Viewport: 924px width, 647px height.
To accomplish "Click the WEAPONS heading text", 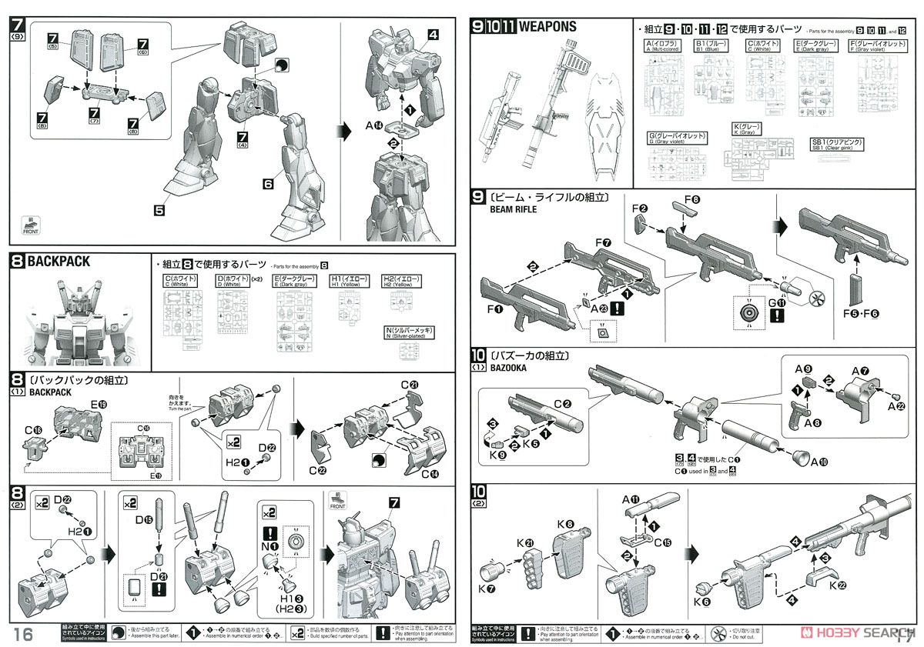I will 547,27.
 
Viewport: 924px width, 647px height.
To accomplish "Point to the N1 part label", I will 270,546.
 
